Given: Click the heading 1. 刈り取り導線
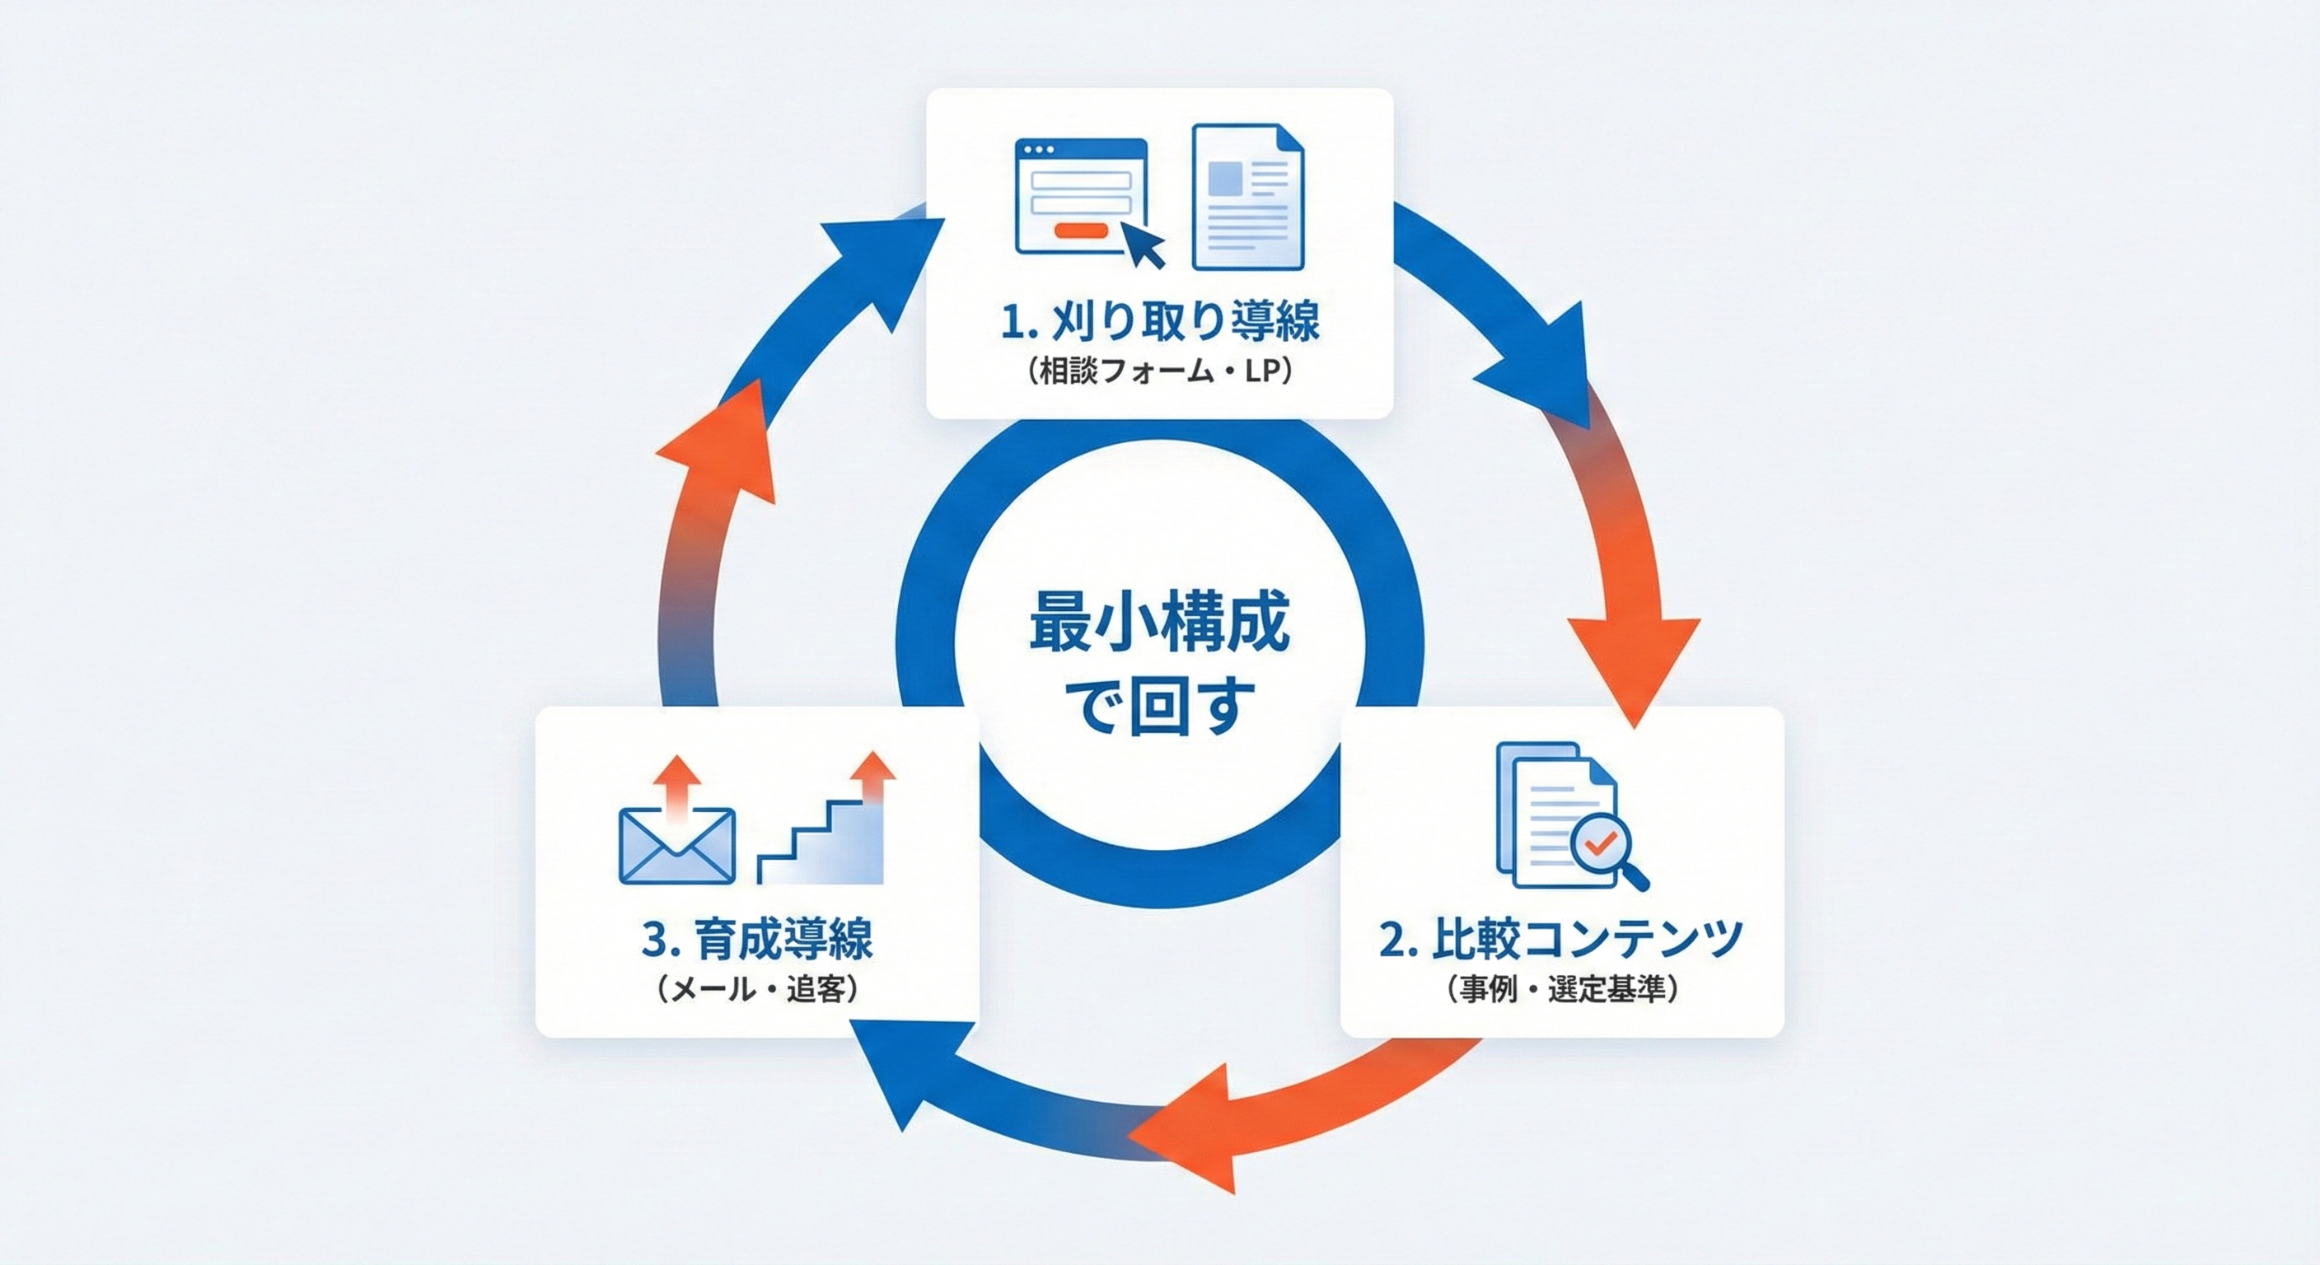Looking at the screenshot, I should [x=1160, y=321].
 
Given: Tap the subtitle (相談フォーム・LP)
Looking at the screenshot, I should [x=1160, y=371].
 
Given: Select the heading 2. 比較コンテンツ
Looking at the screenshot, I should [x=1560, y=939].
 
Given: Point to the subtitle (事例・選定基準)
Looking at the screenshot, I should [x=1560, y=989].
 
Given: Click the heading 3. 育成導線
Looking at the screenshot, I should [x=757, y=939].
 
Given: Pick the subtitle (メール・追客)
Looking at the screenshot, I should [x=757, y=989].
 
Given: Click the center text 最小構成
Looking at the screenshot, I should [x=1159, y=622].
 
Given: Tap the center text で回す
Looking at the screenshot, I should [x=1159, y=707].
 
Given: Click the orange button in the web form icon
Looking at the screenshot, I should [x=1080, y=231].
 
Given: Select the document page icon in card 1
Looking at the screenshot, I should [x=1247, y=196].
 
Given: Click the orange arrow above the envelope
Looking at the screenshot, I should [x=676, y=781].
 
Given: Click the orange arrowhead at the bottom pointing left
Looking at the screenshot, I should [x=1189, y=1130].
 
